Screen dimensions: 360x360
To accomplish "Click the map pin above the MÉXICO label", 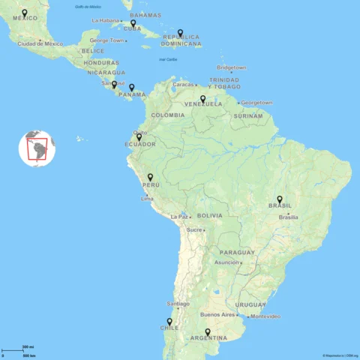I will coord(25,13).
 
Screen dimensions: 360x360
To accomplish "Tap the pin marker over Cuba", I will coord(133,23).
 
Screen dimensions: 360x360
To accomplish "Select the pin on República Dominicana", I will coord(180,33).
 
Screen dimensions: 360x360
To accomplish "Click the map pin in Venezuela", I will coord(202,98).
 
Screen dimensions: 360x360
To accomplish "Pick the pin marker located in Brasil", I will coord(280,199).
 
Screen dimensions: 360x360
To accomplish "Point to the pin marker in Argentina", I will coord(208,332).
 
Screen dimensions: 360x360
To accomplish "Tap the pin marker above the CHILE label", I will coord(169,322).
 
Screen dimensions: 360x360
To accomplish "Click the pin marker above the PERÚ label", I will coord(150,178).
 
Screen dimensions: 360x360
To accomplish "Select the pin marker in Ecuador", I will coord(139,137).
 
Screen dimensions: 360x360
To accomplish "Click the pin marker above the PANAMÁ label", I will coord(132,88).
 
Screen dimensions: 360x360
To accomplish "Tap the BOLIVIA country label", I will coord(209,215).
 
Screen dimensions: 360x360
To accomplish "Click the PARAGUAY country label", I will coord(238,253).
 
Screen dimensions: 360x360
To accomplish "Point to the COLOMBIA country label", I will coord(167,115).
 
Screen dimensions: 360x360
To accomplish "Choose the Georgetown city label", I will coord(256,103).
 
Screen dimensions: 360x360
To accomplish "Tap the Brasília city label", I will coord(289,217).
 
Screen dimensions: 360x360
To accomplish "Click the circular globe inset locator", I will coord(37,148).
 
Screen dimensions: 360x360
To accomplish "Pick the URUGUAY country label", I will coord(250,305).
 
